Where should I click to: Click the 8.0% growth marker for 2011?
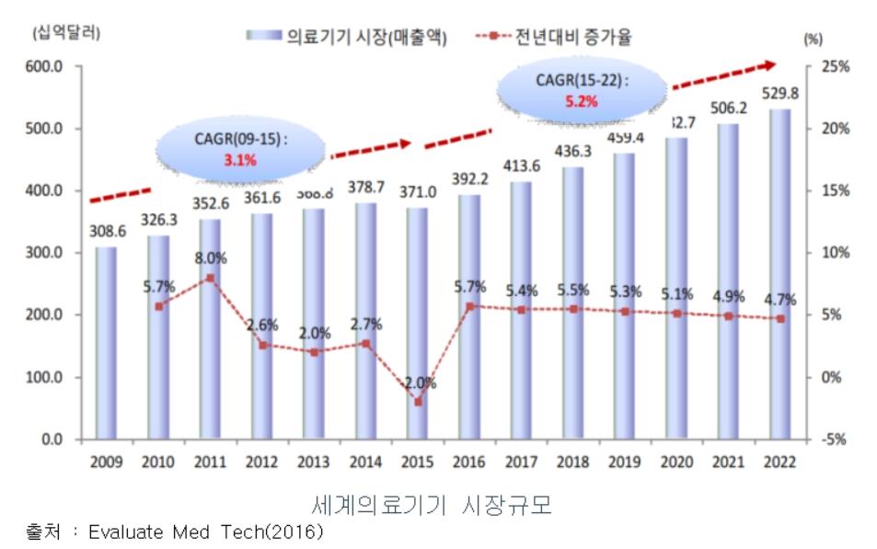click(x=211, y=278)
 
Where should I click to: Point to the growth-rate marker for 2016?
click(x=469, y=306)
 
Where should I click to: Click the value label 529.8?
click(x=779, y=92)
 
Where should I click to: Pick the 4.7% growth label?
click(x=779, y=299)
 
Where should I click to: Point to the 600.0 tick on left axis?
click(x=43, y=66)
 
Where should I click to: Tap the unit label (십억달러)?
click(x=66, y=35)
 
